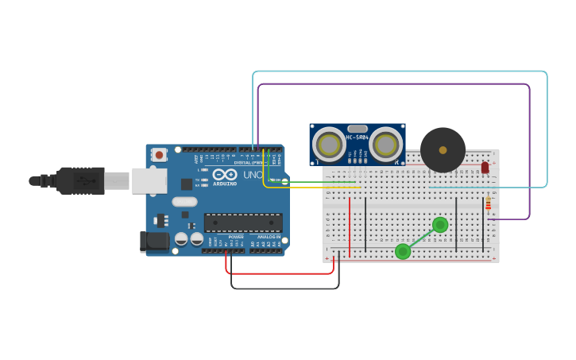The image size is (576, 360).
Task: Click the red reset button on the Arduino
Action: [160, 155]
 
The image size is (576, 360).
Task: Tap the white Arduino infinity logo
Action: [225, 174]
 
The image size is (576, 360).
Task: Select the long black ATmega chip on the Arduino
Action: [243, 223]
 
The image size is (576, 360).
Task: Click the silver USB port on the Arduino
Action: [149, 180]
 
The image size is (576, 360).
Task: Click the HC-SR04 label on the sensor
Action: [357, 137]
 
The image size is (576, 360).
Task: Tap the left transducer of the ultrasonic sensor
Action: [328, 145]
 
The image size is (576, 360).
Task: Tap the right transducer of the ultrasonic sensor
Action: [385, 145]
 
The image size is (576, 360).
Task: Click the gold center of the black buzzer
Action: [443, 149]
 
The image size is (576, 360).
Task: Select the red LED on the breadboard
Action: [485, 168]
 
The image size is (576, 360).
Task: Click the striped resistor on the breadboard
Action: [488, 205]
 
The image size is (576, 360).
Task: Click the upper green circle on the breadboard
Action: [440, 225]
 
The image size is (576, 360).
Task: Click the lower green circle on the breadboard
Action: [403, 251]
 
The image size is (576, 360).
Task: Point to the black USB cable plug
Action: [80, 181]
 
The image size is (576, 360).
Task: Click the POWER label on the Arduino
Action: [236, 236]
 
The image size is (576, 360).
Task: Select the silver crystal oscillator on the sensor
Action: [358, 128]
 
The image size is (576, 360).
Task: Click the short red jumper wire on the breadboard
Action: [350, 216]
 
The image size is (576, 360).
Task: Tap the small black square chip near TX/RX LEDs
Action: [186, 184]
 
